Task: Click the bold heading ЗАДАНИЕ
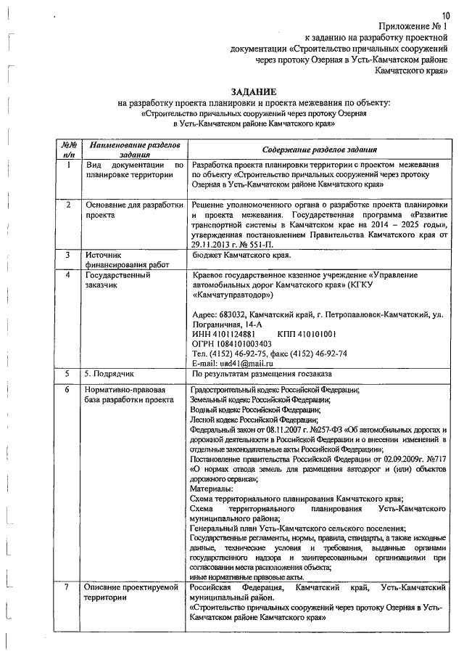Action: (x=253, y=92)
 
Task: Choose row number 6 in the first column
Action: (x=67, y=390)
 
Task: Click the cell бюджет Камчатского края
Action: (x=242, y=256)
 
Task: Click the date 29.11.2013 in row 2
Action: (x=214, y=245)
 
